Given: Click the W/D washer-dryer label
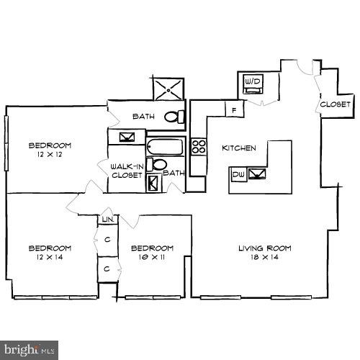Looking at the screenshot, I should coord(252,83).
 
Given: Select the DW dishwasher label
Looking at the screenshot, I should coord(238,174).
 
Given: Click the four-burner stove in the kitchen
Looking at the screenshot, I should coord(199,148).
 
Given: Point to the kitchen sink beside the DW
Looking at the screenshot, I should coord(256,174).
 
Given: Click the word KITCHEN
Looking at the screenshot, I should coord(238,148).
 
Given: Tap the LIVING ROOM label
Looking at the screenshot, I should coord(264,248).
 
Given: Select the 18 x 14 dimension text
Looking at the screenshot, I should coord(264,257).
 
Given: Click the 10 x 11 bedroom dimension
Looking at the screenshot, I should coord(152,257).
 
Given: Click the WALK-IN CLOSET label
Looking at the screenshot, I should coord(126,171).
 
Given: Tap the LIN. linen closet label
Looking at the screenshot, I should coord(107,219).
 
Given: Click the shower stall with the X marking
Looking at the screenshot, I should coord(168,90).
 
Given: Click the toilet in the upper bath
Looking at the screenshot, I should coord(174,117).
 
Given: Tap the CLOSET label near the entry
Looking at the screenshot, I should coord(336,104).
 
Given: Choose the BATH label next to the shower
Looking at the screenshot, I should coord(143,116).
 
